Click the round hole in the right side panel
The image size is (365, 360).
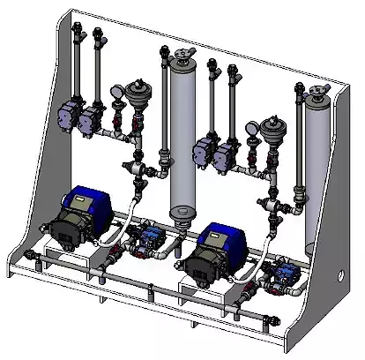coord(338,274)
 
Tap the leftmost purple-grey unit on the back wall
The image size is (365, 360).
coord(67,111)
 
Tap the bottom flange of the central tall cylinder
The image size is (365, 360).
coord(181,212)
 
